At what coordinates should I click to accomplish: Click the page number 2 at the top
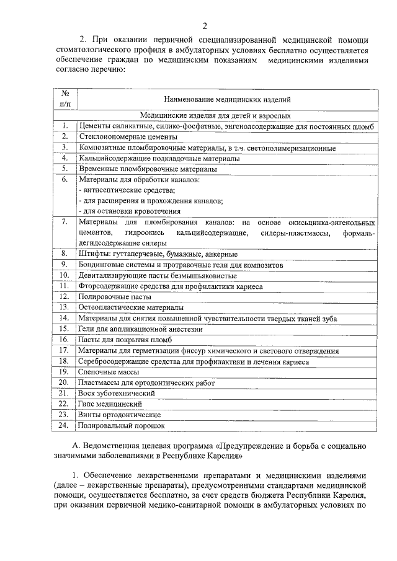(x=204, y=25)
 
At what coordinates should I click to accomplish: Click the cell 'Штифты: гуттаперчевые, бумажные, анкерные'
(x=158, y=254)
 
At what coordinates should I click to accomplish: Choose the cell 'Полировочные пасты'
(x=110, y=296)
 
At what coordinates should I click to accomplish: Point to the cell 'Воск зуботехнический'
(x=116, y=393)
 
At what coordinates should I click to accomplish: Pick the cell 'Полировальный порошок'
(x=122, y=425)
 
